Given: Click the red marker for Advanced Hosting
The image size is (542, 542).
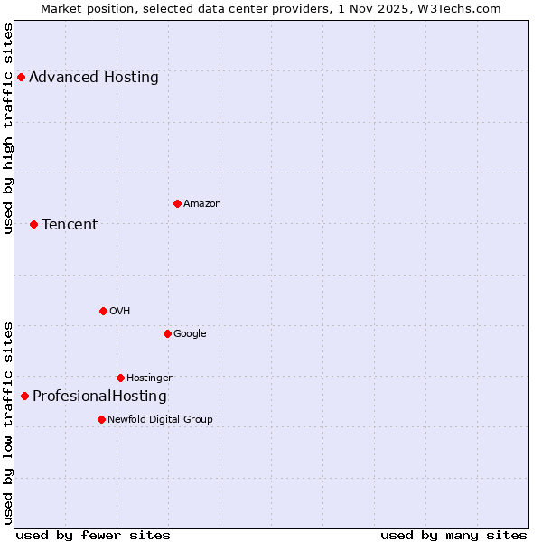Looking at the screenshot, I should pos(21,77).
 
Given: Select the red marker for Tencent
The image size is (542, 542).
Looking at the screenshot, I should pos(33,224).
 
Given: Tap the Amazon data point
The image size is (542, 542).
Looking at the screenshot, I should pos(177,203).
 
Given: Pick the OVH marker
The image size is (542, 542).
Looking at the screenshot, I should pos(103,311).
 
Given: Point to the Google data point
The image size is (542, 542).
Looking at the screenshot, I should pos(167,333).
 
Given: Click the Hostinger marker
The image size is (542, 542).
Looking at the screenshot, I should pos(120,378).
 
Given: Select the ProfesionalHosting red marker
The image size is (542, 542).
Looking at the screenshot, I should pos(24,396).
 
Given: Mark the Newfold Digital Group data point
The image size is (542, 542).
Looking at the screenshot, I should pos(101,419).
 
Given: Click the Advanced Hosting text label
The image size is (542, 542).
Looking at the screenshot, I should pos(94,77).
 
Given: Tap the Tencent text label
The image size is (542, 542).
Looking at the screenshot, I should pos(70,224).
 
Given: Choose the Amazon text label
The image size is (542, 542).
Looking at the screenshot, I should pos(202,203).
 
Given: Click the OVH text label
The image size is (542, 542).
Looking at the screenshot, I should pos(120,311).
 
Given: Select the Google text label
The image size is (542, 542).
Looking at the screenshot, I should pos(190,333).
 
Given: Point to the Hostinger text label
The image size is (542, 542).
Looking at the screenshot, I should pos(149,378).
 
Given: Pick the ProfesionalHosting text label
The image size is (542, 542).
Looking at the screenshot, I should pos(99,396).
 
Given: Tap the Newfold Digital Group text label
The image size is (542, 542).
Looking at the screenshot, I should pos(160,419).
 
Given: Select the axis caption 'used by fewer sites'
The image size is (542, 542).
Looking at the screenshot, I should pos(93,535).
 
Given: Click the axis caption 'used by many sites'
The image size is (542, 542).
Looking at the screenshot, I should pos(453,535).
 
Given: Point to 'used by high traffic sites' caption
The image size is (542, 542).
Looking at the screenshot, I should pos(8,128).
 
